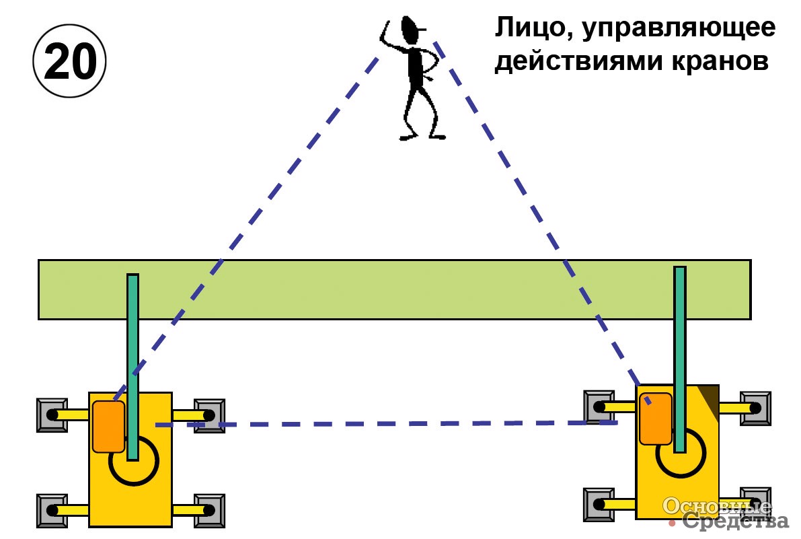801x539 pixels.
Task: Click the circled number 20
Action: [69, 61]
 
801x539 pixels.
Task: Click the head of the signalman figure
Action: [410, 31]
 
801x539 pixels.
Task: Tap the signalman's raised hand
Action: [385, 30]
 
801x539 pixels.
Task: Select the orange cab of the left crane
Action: [108, 427]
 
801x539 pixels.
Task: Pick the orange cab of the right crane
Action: [656, 419]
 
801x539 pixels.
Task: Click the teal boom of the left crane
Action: [132, 367]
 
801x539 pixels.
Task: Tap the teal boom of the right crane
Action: [679, 359]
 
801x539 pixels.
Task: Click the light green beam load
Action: [394, 289]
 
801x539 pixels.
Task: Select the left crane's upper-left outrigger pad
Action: [52, 415]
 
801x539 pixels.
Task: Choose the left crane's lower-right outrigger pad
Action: [209, 511]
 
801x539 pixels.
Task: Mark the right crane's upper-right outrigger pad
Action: [755, 408]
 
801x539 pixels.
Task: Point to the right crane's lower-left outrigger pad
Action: [599, 505]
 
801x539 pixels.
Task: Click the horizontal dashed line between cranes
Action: [386, 424]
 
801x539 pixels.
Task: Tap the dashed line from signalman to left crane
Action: [246, 228]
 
